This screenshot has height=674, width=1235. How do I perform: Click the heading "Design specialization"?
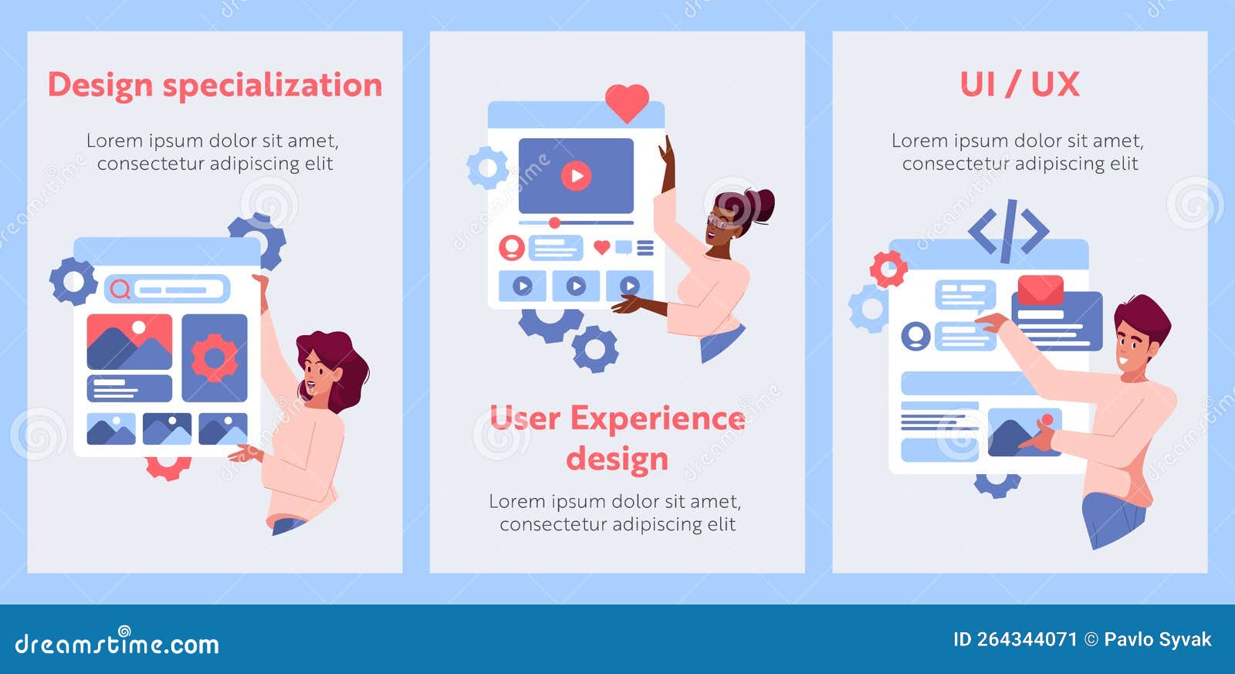pyautogui.click(x=215, y=85)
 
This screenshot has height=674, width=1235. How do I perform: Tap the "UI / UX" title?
pyautogui.click(x=1019, y=84)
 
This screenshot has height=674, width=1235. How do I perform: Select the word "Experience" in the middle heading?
pyautogui.click(x=658, y=418)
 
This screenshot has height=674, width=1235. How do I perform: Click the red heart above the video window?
pyautogui.click(x=627, y=101)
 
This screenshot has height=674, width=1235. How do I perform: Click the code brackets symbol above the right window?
pyautogui.click(x=1009, y=231)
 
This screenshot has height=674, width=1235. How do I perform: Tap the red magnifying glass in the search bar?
pyautogui.click(x=120, y=289)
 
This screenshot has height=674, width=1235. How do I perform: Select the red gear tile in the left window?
pyautogui.click(x=215, y=357)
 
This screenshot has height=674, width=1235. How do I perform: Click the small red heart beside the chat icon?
pyautogui.click(x=601, y=247)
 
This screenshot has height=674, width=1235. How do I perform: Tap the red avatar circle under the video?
pyautogui.click(x=512, y=248)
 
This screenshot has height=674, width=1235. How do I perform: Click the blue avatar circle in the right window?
pyautogui.click(x=915, y=337)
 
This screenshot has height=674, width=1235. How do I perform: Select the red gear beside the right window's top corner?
pyautogui.click(x=888, y=269)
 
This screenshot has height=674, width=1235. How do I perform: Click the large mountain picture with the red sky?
pyautogui.click(x=129, y=341)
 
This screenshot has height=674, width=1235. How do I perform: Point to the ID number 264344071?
pyautogui.click(x=1027, y=639)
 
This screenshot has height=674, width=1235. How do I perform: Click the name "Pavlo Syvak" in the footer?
pyautogui.click(x=1157, y=639)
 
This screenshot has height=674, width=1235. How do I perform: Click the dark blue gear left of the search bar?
pyautogui.click(x=73, y=281)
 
